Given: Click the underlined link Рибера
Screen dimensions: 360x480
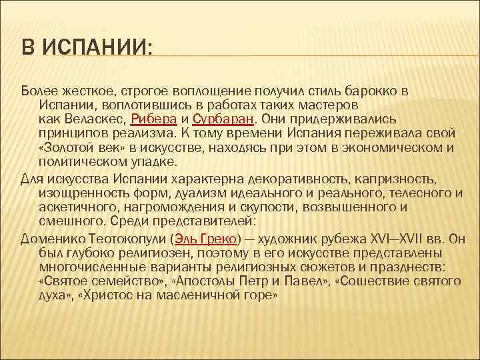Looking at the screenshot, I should [155, 119].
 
